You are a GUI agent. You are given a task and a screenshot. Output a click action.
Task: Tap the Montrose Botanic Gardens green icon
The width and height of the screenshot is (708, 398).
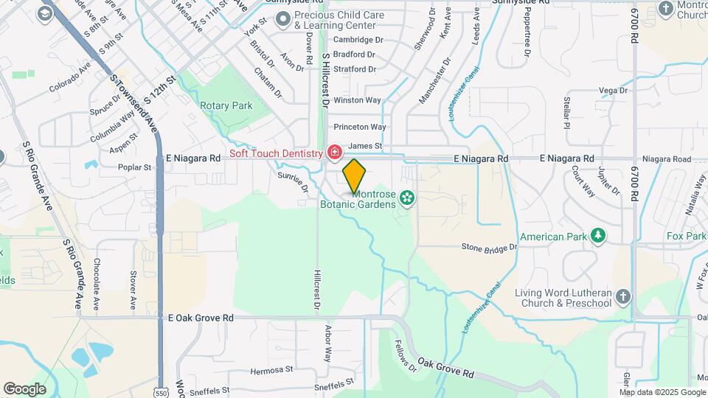click(x=406, y=197)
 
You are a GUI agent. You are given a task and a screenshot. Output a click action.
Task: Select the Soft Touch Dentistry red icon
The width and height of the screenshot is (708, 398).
click(x=335, y=153)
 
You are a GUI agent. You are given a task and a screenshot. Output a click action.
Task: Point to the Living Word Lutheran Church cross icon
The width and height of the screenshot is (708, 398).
click(x=623, y=297)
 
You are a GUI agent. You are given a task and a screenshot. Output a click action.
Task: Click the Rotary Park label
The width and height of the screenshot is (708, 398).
click(x=226, y=105)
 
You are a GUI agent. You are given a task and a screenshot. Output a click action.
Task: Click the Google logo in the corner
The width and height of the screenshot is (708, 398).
click(x=24, y=389)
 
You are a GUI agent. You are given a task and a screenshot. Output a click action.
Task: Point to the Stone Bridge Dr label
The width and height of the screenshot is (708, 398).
click(x=490, y=248)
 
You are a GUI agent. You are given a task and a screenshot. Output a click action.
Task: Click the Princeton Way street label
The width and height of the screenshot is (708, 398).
click(x=360, y=128)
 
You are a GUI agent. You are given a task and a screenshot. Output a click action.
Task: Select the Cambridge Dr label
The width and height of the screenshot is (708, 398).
click(x=358, y=40)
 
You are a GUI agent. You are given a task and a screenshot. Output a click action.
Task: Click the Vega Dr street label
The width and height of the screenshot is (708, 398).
click(x=613, y=91)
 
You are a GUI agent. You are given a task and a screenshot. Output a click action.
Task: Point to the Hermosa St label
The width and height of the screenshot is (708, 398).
click(x=271, y=369)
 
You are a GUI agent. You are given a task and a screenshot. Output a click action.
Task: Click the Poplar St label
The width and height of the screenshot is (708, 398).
click(x=133, y=167)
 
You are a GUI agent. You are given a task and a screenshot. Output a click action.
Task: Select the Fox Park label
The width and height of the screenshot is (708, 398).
click(x=686, y=237)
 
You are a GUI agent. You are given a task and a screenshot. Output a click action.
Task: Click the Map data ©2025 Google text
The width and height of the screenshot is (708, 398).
click(x=662, y=391)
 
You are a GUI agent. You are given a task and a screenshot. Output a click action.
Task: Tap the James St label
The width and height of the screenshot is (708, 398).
click(x=365, y=147)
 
